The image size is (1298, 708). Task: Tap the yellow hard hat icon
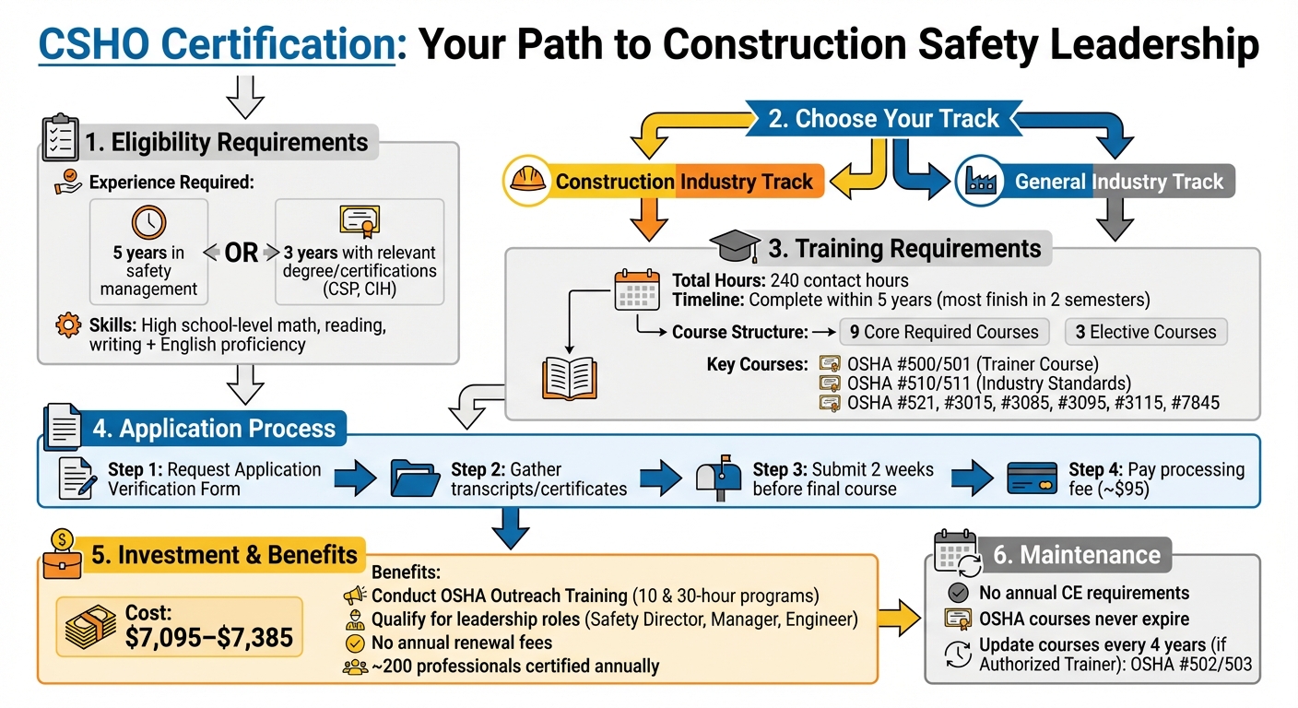(x=526, y=180)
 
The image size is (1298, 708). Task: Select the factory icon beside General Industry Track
(x=978, y=181)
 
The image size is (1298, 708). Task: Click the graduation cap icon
(x=734, y=248)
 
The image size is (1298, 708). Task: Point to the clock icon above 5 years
(x=148, y=222)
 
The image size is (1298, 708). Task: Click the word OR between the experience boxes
(x=242, y=253)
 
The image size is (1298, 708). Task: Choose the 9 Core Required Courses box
(x=946, y=332)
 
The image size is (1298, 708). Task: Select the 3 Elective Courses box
(x=1146, y=332)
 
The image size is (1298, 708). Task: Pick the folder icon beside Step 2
(x=416, y=478)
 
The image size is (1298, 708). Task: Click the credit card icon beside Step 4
(x=1032, y=478)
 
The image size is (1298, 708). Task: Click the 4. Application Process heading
(x=214, y=429)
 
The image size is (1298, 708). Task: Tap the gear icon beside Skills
(x=67, y=325)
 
